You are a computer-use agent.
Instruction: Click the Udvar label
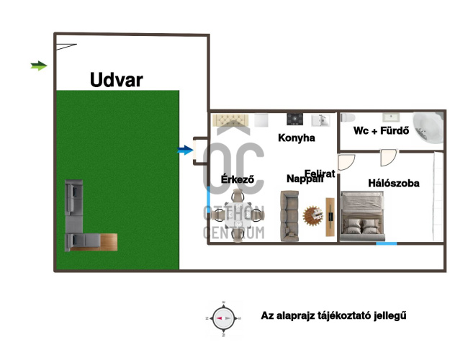[116, 79]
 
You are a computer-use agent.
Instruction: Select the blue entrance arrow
[186, 150]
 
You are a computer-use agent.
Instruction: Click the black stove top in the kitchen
[294, 119]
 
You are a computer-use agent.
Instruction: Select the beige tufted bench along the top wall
[232, 118]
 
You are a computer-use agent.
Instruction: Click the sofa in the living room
[290, 215]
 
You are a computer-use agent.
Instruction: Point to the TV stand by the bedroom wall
[330, 217]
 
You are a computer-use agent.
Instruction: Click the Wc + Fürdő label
[381, 131]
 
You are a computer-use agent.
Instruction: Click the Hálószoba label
[393, 184]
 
